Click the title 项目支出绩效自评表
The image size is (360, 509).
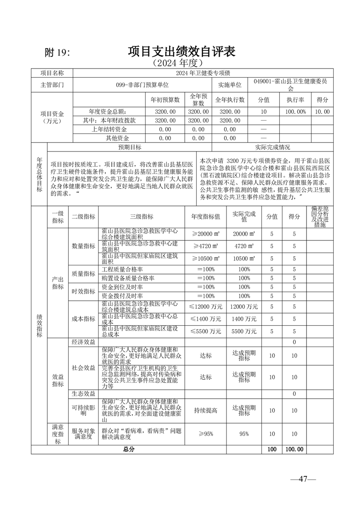coord(182,51)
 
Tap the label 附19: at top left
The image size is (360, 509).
coord(57,53)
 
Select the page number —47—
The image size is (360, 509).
coord(303,479)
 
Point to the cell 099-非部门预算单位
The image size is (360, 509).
coord(142,85)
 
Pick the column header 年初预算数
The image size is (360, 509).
coord(165,100)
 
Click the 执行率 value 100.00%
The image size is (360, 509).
coord(295,112)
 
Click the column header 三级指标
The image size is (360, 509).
coord(142,217)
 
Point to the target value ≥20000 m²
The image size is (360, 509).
coord(205,234)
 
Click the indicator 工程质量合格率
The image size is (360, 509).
coord(119,269)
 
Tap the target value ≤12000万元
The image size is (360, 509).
coord(205,307)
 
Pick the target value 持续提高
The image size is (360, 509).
coord(205,411)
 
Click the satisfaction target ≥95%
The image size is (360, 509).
coord(205,434)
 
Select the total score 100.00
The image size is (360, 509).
coord(294,449)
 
